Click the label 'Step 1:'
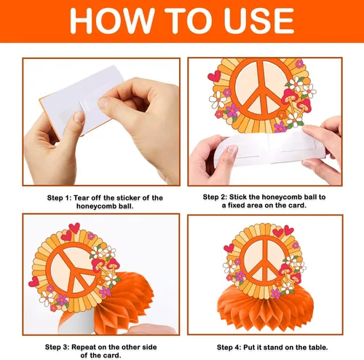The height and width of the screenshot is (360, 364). click(59, 197)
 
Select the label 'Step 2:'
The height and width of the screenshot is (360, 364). click(215, 197)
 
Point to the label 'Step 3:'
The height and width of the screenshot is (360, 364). click(57, 347)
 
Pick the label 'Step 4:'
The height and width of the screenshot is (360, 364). click(229, 348)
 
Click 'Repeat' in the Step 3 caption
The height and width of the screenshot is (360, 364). click(84, 347)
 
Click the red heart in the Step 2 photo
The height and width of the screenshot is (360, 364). click(214, 76)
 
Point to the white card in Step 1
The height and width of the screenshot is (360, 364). click(82, 100)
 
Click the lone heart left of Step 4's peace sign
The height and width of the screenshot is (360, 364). click(229, 248)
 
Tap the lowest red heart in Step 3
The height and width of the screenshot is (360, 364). click(33, 282)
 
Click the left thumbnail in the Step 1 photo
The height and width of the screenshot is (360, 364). click(79, 117)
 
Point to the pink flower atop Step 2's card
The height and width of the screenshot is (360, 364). click(299, 64)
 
